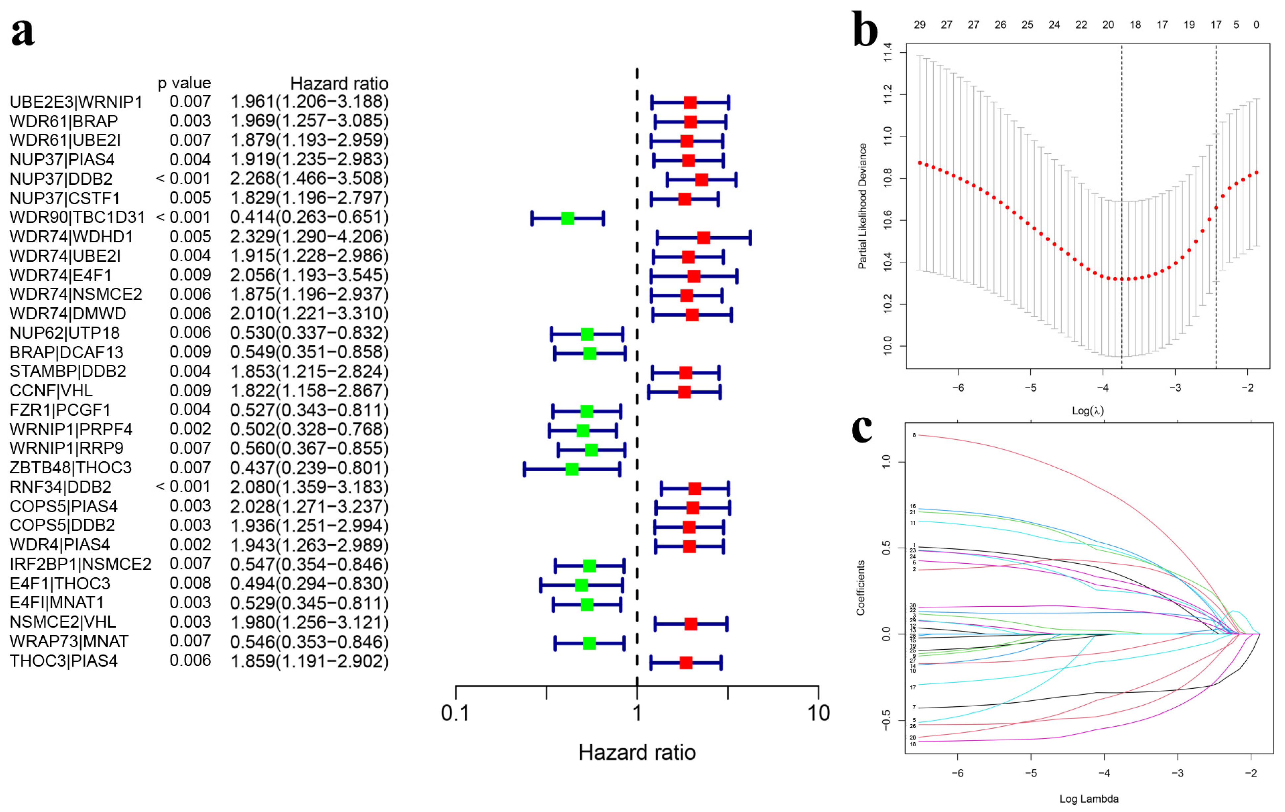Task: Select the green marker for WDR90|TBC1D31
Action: click(567, 218)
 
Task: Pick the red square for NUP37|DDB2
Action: click(701, 180)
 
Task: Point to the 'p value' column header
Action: click(184, 83)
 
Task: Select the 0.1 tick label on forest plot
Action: click(455, 713)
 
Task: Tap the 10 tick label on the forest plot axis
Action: click(818, 713)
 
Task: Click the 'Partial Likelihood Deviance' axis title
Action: click(862, 206)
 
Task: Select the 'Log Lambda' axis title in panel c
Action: click(1089, 799)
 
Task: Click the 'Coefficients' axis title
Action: click(860, 588)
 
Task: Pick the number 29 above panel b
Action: click(919, 24)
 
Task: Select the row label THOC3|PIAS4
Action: click(63, 661)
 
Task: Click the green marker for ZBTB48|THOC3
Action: click(571, 470)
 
